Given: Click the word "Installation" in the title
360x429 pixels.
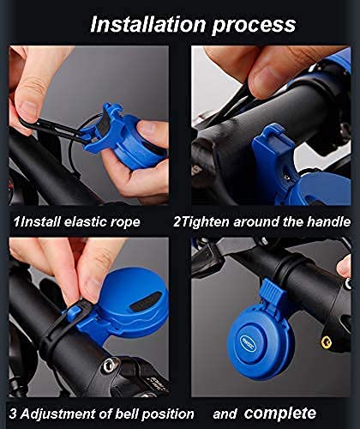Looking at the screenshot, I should click(x=143, y=23).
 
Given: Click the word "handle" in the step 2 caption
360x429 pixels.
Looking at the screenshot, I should click(x=326, y=221).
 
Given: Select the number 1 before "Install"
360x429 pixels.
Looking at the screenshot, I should click(x=14, y=221).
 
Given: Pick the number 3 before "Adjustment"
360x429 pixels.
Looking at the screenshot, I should click(x=14, y=413).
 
